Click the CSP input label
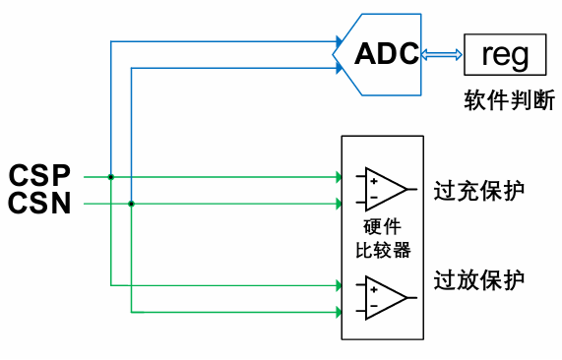(40, 176)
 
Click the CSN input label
(40, 204)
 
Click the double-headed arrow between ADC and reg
(442, 55)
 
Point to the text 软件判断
(508, 100)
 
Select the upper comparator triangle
(384, 186)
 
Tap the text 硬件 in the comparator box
(383, 228)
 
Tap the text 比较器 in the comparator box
(383, 250)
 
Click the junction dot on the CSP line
(111, 177)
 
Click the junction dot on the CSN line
(131, 204)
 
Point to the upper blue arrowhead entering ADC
(331, 42)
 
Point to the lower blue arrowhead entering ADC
(331, 68)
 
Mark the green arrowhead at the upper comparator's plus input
(336, 177)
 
